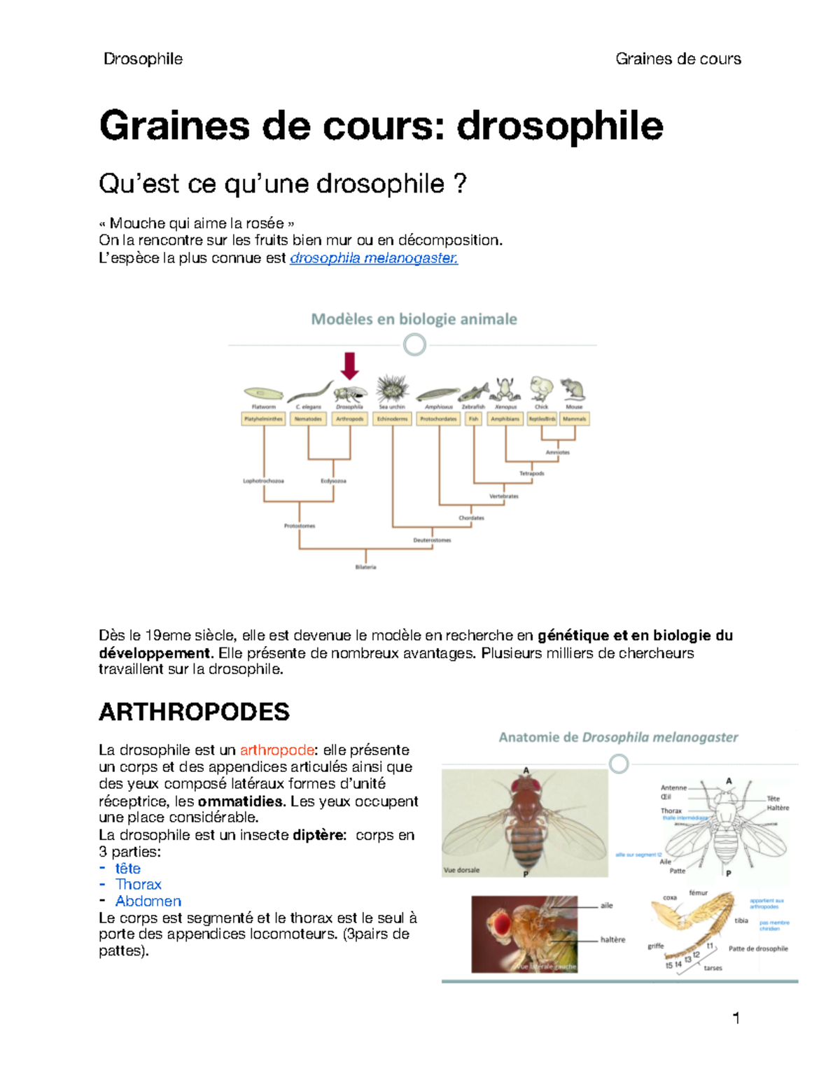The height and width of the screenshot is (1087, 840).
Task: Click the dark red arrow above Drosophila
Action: point(349,366)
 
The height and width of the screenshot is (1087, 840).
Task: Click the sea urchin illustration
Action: point(392,388)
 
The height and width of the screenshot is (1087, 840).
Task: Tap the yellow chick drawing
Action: point(541,388)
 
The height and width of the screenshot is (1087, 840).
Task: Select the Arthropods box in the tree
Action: point(349,419)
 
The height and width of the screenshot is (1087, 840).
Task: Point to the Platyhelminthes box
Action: point(263,419)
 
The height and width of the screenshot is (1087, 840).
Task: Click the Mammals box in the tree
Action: point(574,419)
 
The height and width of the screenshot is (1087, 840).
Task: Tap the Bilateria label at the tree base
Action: point(365,567)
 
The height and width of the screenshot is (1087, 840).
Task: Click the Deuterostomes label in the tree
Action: point(432,540)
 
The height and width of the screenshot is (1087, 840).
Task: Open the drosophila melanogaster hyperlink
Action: point(374,258)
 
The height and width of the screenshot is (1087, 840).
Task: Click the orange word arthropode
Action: point(276,750)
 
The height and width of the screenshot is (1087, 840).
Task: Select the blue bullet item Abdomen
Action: point(148,902)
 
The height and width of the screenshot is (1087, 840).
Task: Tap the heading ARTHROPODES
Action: point(194,712)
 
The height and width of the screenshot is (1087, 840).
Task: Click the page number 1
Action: point(736,1018)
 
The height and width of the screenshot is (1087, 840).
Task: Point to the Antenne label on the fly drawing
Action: point(673,788)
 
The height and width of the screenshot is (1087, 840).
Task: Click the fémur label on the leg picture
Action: point(698,893)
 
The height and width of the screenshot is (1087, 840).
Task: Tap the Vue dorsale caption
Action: point(461,870)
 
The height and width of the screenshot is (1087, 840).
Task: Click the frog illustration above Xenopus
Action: point(505,388)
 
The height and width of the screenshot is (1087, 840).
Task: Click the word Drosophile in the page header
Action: point(143,59)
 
